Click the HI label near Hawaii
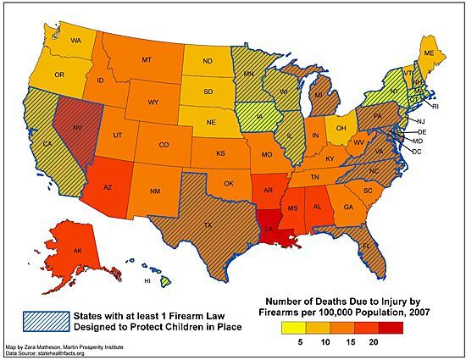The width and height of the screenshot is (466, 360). [147, 280]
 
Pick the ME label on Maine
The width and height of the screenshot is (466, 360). [430, 53]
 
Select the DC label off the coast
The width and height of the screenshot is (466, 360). [417, 150]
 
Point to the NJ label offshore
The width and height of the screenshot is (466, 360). [419, 122]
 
